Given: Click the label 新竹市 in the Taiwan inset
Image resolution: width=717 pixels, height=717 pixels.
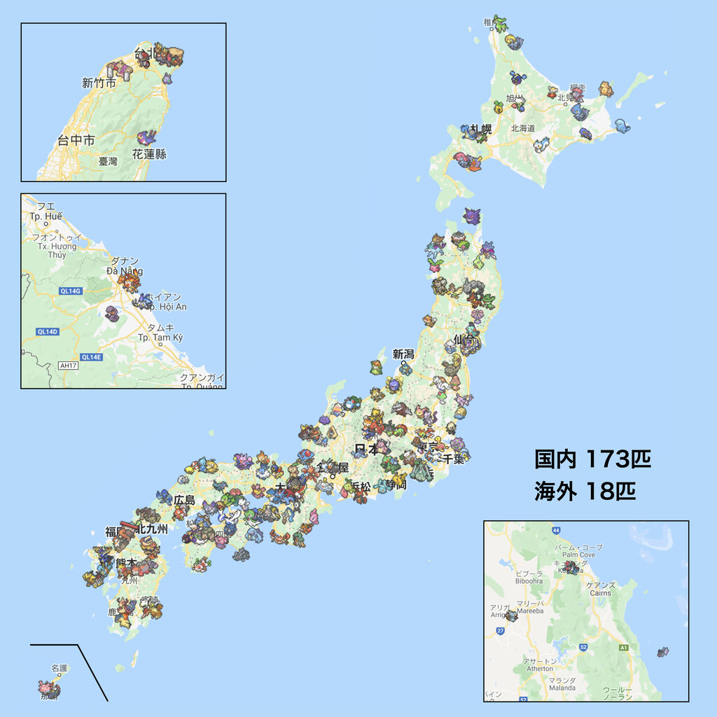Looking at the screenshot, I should coord(99,83).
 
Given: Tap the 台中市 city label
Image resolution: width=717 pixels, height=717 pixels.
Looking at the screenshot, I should coord(76,141).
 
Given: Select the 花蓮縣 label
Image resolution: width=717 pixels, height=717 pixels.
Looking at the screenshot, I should coord(149,154).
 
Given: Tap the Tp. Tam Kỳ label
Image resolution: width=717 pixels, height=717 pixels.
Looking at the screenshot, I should coord(160,337).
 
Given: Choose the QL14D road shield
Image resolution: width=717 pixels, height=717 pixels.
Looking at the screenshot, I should coord(47,331).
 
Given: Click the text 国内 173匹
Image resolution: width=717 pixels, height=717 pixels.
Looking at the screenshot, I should coord(592,459).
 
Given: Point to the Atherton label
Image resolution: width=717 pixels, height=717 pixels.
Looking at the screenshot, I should coord(539,669).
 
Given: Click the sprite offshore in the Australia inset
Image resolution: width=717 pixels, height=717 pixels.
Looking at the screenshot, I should coord(662,653).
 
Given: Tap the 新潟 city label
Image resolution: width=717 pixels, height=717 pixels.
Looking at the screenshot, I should coord(404,354).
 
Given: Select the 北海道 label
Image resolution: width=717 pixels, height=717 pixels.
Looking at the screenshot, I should coord(522,128).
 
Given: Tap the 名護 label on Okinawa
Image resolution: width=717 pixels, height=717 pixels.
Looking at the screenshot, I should coord(60,669).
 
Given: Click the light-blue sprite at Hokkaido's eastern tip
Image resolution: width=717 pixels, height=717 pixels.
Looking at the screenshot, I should coord(622,124).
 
